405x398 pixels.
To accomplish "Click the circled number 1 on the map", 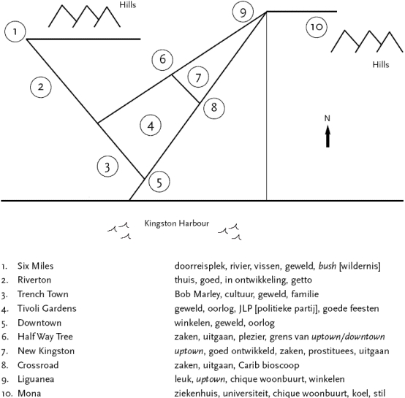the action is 15,31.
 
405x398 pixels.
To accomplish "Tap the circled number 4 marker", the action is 151,126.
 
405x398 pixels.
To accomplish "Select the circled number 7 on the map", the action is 198,77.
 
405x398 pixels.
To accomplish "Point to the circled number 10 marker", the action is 317,27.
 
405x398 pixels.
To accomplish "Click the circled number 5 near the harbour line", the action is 159,182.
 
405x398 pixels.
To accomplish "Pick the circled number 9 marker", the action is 243,12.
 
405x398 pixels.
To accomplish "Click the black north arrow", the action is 328,136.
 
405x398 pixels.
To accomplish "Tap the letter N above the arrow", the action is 328,118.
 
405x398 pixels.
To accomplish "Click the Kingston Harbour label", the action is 177,223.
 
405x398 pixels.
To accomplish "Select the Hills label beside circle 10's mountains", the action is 381,64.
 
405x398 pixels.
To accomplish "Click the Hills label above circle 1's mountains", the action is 128,5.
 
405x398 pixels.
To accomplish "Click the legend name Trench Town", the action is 43,294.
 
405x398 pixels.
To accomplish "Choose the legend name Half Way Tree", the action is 45,337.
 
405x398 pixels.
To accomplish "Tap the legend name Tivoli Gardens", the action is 47,308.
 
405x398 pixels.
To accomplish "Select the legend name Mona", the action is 29,394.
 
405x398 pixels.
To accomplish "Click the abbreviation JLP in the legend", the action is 245,308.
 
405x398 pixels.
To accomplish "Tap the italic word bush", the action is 328,266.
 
